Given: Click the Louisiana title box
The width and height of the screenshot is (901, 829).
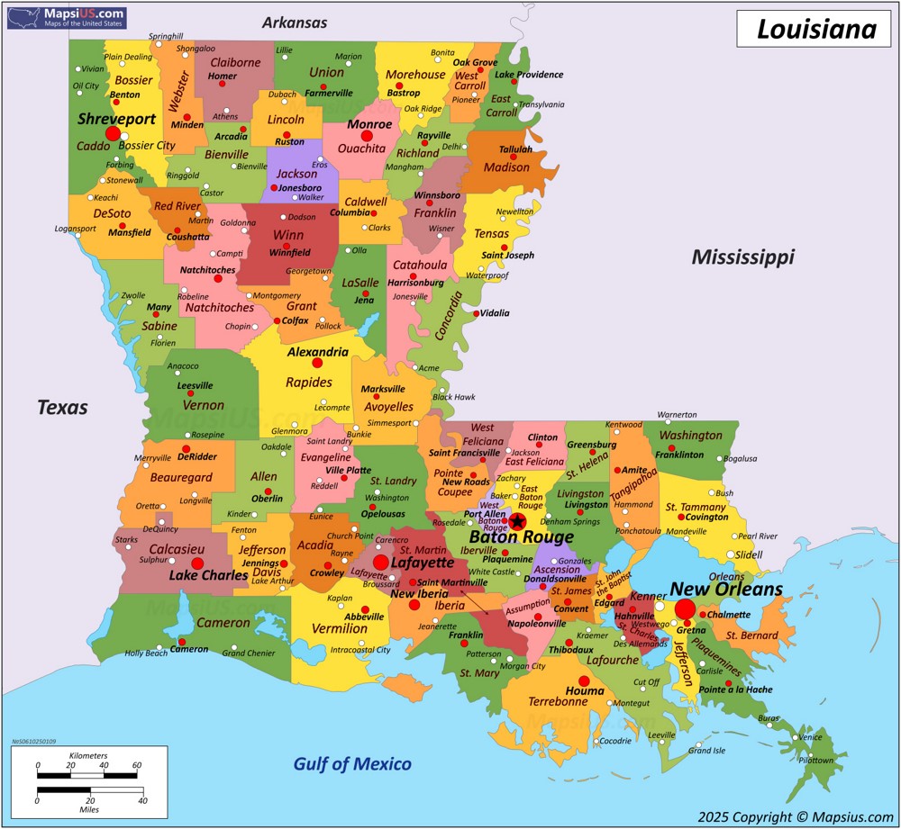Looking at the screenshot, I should [815, 29].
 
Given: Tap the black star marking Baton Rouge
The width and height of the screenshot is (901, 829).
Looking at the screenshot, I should [517, 520].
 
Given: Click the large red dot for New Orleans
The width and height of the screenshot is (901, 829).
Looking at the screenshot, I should [685, 609].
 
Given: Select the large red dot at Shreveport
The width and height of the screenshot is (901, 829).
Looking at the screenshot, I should [113, 134].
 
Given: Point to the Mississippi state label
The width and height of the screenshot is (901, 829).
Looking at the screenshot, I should [742, 257].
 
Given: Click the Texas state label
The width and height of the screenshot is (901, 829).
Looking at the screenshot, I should [62, 407].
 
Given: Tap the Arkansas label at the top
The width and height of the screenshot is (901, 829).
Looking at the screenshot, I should [295, 23].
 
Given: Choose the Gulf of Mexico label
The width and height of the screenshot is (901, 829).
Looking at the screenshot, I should [352, 764].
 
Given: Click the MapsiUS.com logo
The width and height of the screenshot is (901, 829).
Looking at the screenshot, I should [66, 16].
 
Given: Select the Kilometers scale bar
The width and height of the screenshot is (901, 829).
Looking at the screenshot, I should [87, 774].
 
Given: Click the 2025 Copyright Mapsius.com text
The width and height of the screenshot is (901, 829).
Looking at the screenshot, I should [795, 816].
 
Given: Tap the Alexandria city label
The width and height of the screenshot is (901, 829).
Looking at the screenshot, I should [317, 352].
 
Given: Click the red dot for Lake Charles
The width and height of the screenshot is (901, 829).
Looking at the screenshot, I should [197, 563].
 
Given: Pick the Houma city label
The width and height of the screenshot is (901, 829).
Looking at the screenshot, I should [584, 691].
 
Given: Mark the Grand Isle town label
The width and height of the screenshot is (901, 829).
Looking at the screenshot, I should [706, 750].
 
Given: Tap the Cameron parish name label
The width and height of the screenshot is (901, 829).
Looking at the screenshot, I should [223, 623].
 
